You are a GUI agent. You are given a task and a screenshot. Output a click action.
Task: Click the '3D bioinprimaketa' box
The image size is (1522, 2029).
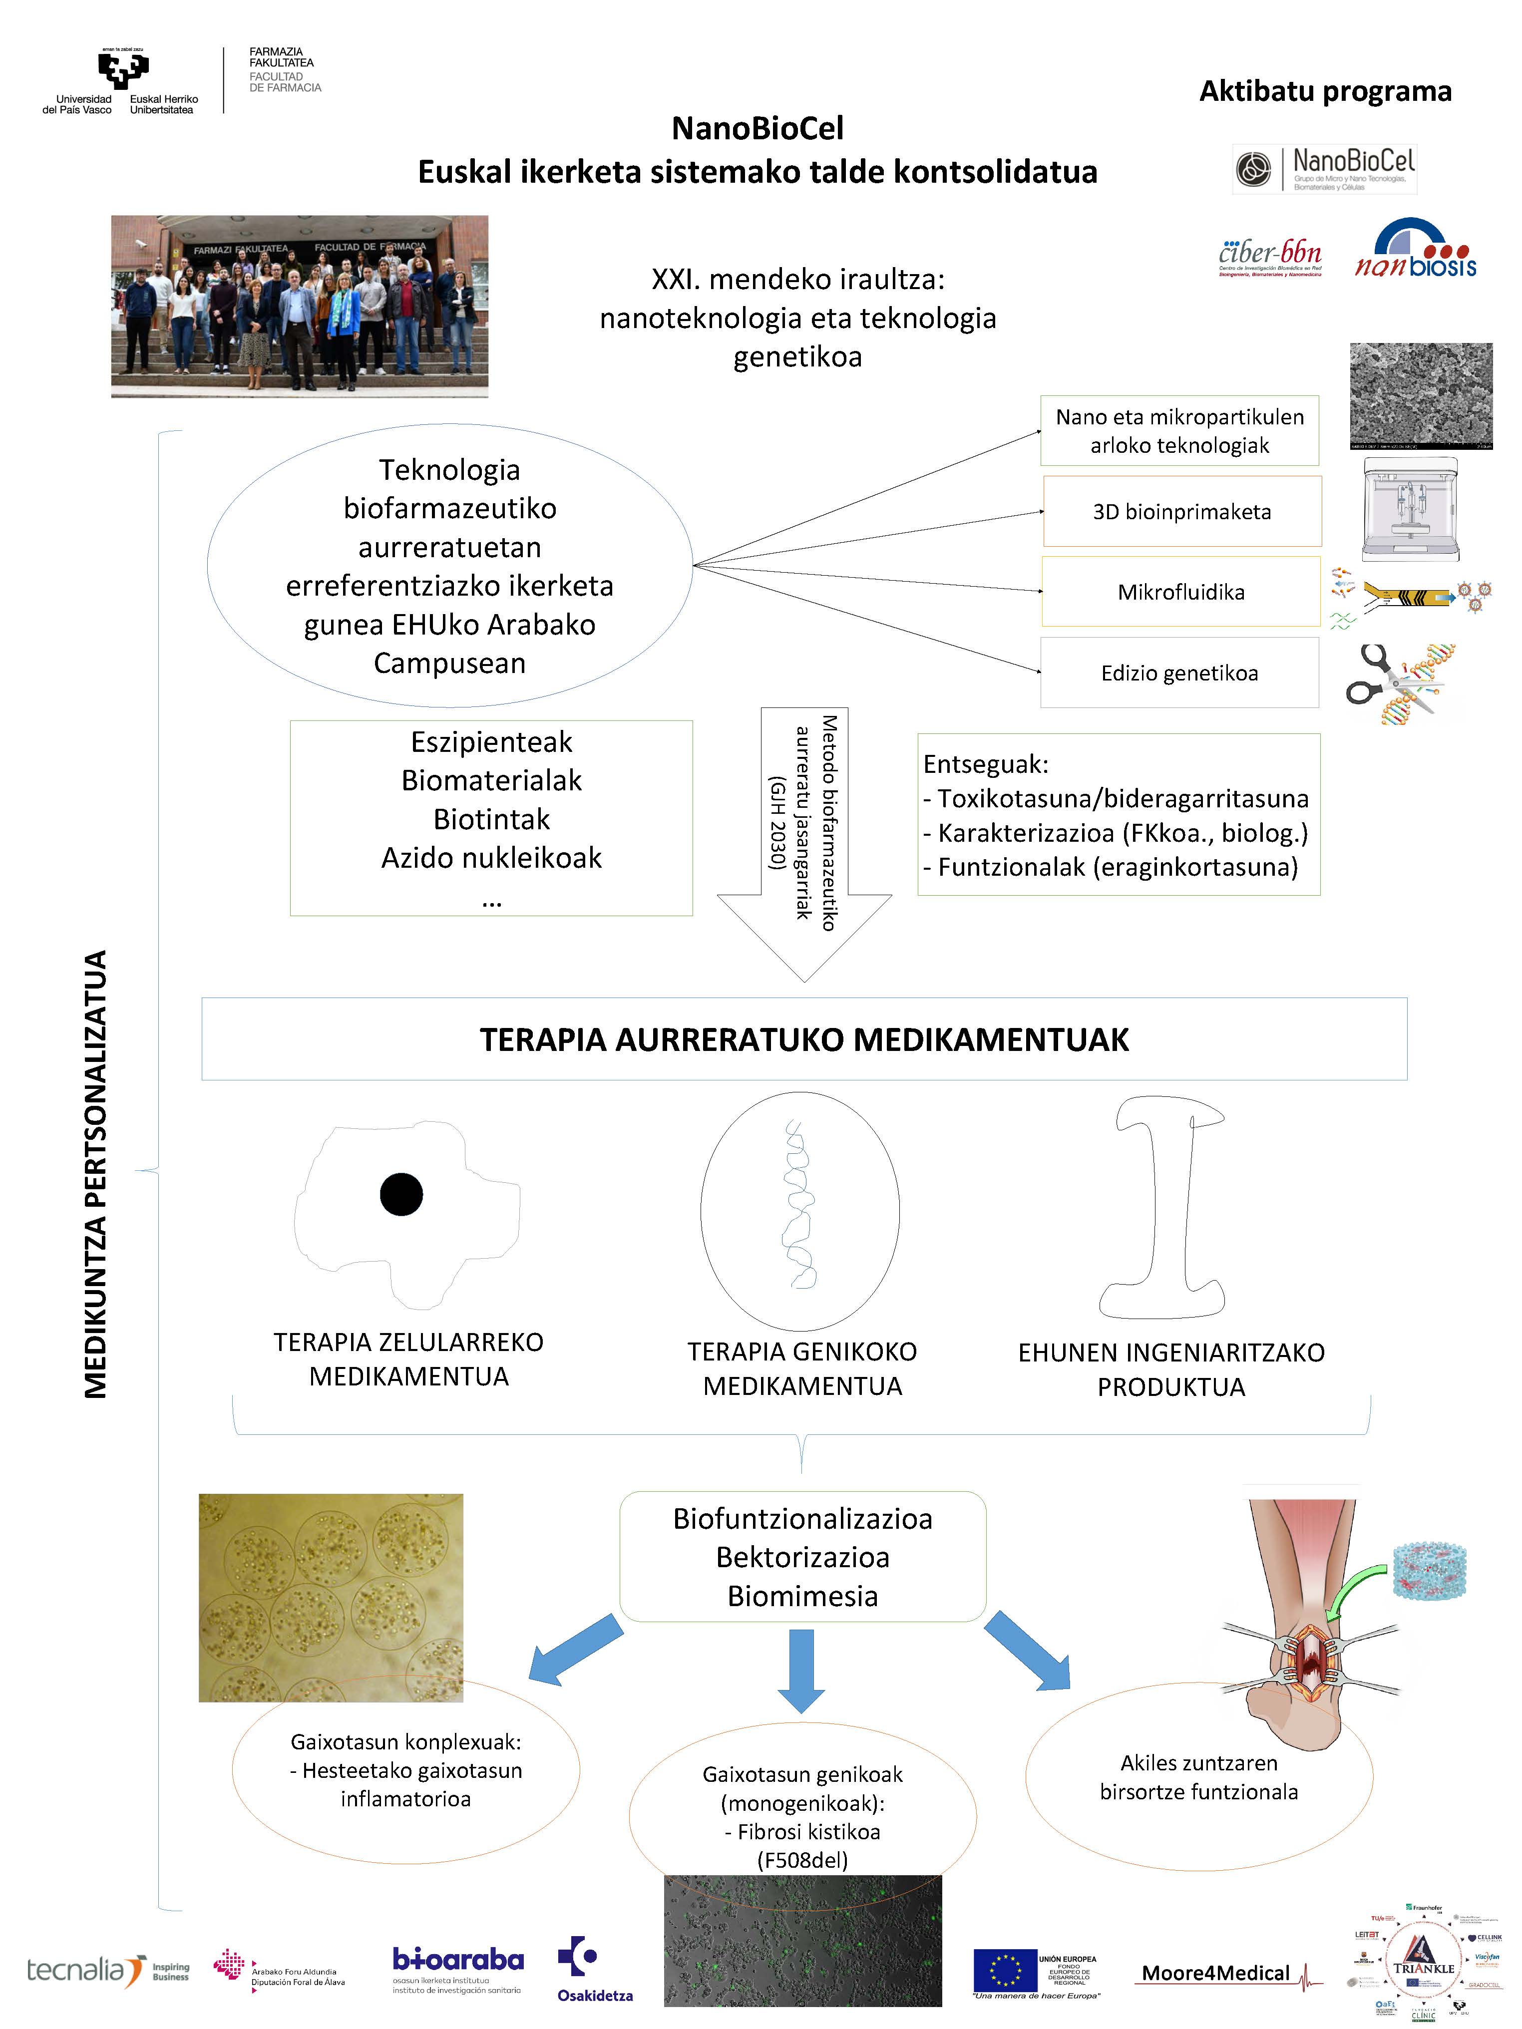click(1181, 511)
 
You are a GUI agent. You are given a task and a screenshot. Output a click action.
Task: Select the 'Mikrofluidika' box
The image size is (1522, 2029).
click(1181, 592)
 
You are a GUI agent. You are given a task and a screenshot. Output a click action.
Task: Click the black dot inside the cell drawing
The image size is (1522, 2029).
click(401, 1194)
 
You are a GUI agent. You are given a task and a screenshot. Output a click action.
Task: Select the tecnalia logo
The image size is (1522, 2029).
click(87, 1970)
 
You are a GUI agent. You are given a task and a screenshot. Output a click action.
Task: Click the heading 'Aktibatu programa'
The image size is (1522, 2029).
click(1325, 92)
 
